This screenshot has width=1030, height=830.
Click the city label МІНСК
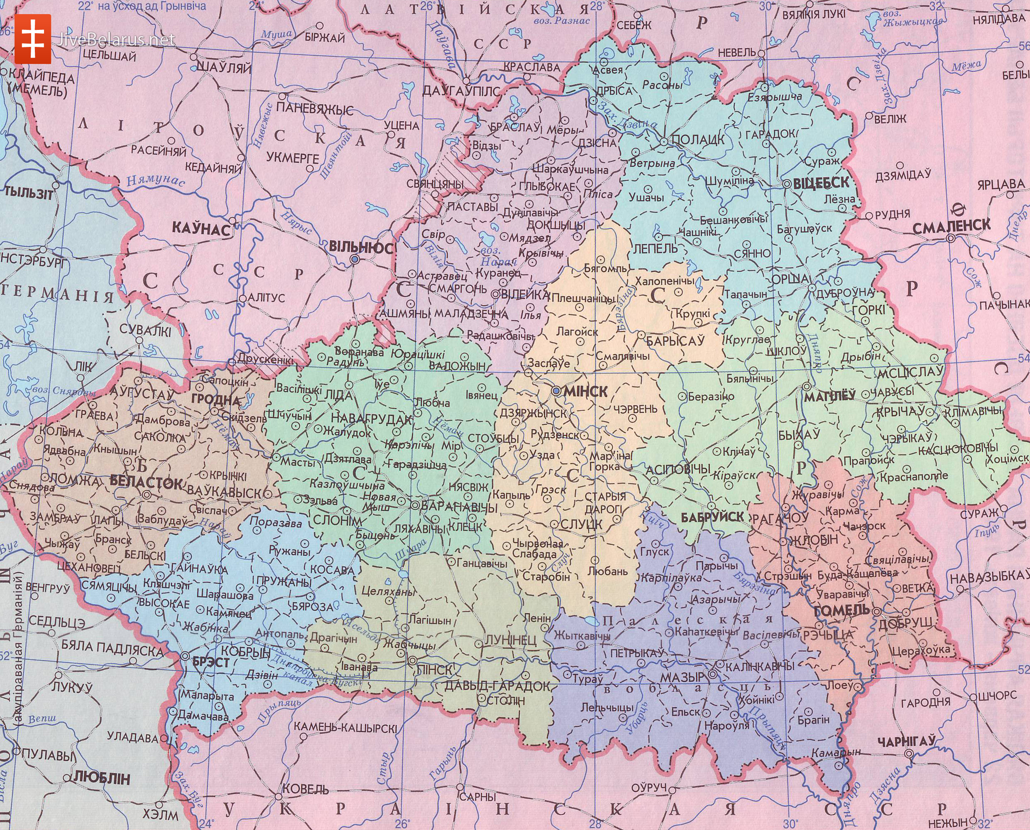tap(586, 392)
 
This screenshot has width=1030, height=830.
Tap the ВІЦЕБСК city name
tap(821, 183)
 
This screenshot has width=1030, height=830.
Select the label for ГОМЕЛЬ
tap(841, 610)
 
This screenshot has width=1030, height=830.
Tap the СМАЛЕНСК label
tap(952, 227)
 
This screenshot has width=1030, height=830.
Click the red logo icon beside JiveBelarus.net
tap(32, 39)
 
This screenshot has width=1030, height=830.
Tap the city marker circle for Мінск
tap(556, 391)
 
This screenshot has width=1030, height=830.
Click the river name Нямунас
tap(155, 181)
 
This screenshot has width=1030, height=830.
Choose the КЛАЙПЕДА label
tap(41, 78)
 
